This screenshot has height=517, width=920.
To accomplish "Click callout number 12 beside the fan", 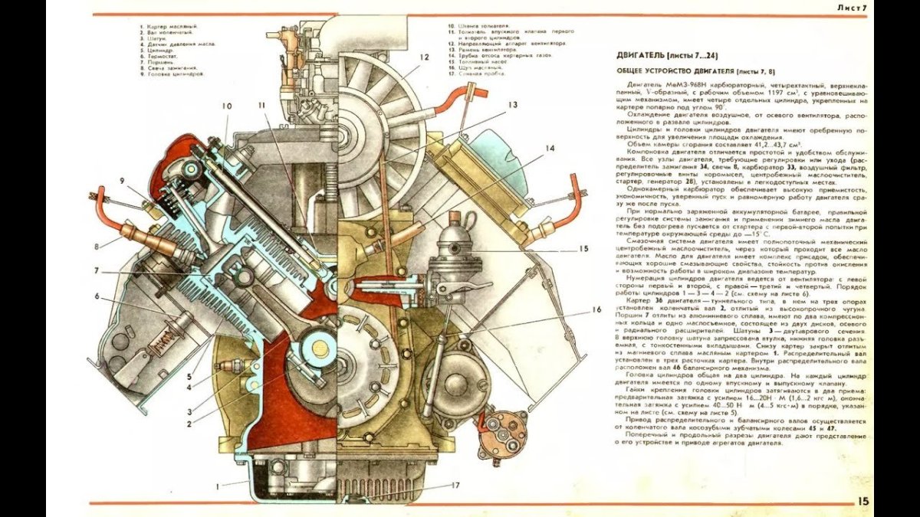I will pos(423,57).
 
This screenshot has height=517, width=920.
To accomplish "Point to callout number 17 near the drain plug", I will pos(455,485).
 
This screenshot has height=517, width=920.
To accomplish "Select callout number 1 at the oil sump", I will pos(218,486).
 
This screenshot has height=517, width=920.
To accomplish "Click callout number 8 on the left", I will pos(98,247).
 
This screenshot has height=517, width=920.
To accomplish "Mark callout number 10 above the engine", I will pos(228,106).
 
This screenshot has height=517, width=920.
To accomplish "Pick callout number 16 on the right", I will pos(596,310).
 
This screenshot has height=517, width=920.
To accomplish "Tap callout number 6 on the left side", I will pos(98,295).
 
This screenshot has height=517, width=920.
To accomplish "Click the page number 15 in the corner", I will pos(863,502).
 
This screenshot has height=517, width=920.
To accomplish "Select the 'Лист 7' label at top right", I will pos(851,8).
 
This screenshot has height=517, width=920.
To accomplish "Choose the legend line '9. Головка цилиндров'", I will pos(173,75).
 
